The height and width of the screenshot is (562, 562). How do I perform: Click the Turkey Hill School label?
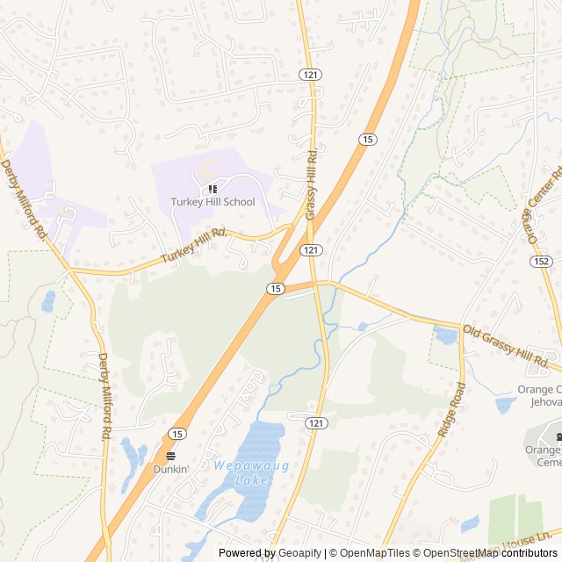[x=213, y=202]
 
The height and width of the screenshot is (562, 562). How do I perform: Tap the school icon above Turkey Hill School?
[x=213, y=189]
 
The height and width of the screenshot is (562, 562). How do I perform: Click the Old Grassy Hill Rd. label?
[x=512, y=347]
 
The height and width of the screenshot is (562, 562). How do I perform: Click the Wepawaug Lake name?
[x=238, y=472]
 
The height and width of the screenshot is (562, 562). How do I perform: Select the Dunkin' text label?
[x=171, y=469]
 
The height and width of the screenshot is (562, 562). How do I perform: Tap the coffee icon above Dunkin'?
[x=171, y=456]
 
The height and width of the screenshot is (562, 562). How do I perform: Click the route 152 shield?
[x=542, y=262]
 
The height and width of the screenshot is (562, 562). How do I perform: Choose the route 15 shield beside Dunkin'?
[x=177, y=434]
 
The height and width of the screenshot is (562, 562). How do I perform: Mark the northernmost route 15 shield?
[x=367, y=140]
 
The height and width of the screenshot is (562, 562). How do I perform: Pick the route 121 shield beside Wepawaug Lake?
[x=317, y=423]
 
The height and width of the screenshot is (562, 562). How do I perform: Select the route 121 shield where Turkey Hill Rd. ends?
[x=309, y=250]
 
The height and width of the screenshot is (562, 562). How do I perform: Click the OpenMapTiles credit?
[x=372, y=553]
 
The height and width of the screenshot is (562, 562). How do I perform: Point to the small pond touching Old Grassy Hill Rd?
[x=445, y=335]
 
